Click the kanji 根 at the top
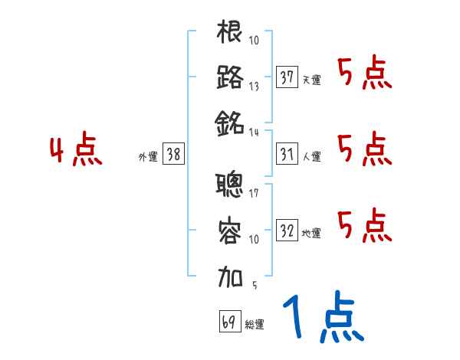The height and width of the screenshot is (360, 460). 230,32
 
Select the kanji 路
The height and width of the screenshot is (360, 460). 230,77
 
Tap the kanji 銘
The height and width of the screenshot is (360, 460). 230,121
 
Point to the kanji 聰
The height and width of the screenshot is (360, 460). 230,184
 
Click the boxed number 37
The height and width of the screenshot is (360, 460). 287,77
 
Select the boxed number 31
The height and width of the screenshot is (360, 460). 287,154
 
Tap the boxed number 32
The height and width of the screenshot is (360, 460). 287,231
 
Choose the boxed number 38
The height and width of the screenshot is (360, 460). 173,154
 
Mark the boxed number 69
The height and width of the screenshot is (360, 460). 228,322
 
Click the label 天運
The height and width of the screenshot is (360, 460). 311,80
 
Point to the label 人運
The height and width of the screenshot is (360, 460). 311,156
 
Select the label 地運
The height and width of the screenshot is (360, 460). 311,233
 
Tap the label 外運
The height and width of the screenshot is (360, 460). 147,156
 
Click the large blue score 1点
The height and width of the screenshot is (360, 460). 322,319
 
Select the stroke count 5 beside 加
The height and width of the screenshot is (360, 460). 254,285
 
